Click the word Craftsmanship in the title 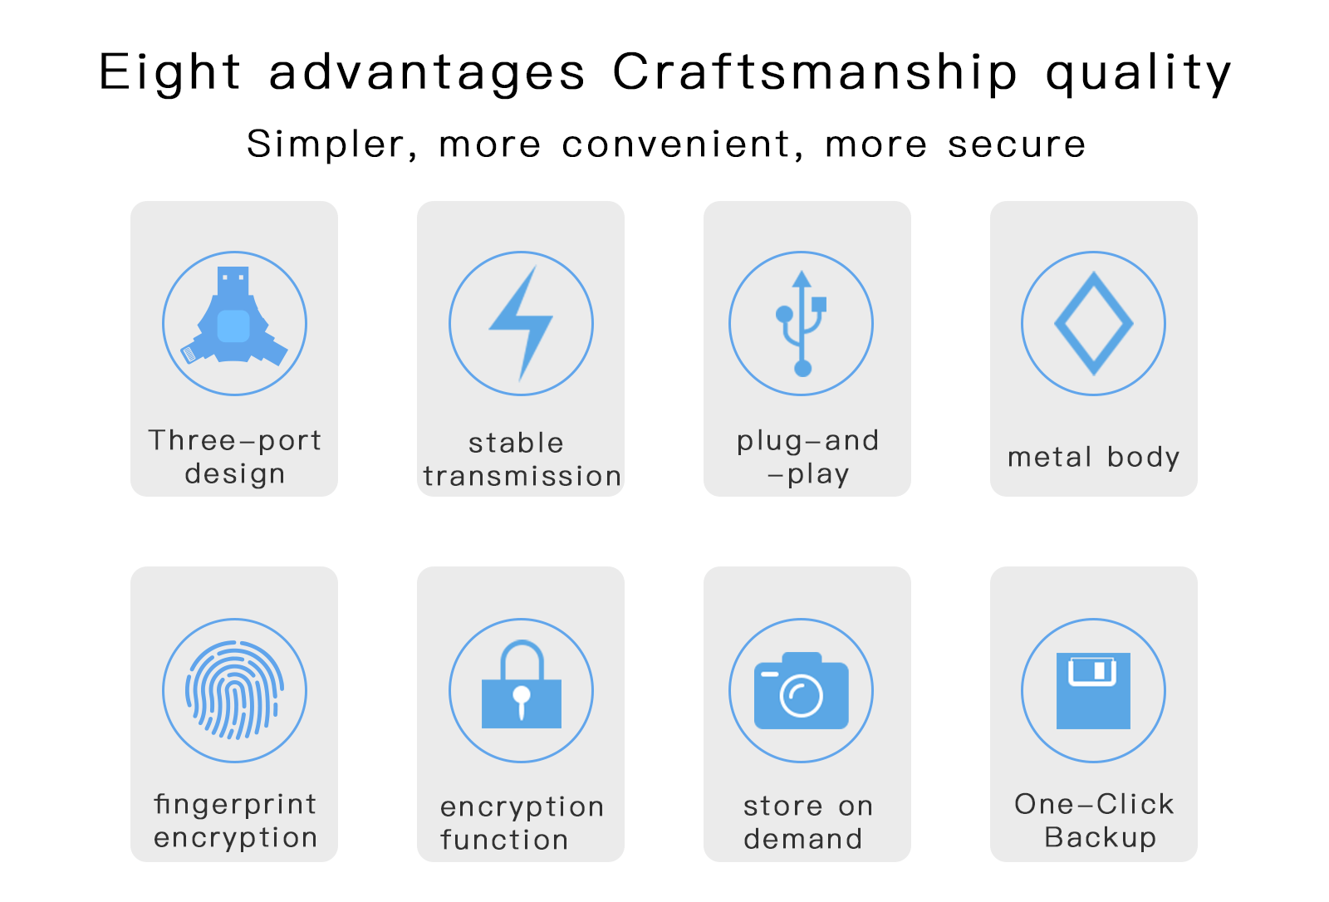coord(815,72)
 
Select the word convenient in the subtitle coord(676,145)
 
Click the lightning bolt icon coord(521,323)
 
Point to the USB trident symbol coord(802,323)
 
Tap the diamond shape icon coord(1093,323)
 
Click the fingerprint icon coord(235,690)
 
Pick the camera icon coord(801,690)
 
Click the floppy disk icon coord(1093,690)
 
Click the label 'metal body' coord(1093,458)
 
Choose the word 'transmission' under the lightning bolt coord(522,477)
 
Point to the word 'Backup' coord(1101,838)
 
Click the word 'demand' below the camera coord(802,839)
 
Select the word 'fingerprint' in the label coord(235,806)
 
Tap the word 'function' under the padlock coord(504,840)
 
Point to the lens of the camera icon coord(801,695)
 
